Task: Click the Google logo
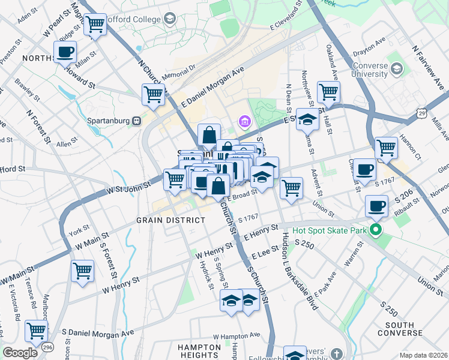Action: pyautogui.click(x=19, y=353)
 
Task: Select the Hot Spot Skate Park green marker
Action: pyautogui.click(x=376, y=229)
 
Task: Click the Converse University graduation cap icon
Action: pyautogui.click(x=396, y=70)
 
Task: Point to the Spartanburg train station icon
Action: pyautogui.click(x=137, y=121)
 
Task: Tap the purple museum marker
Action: pyautogui.click(x=244, y=123)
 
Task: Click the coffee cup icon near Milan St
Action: pyautogui.click(x=65, y=51)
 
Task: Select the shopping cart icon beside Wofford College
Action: pyautogui.click(x=95, y=25)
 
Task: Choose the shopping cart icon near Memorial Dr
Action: pyautogui.click(x=153, y=94)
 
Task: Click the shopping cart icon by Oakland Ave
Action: pyautogui.click(x=328, y=92)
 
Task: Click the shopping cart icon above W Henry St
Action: pyautogui.click(x=82, y=270)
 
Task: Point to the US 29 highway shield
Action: pyautogui.click(x=422, y=112)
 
